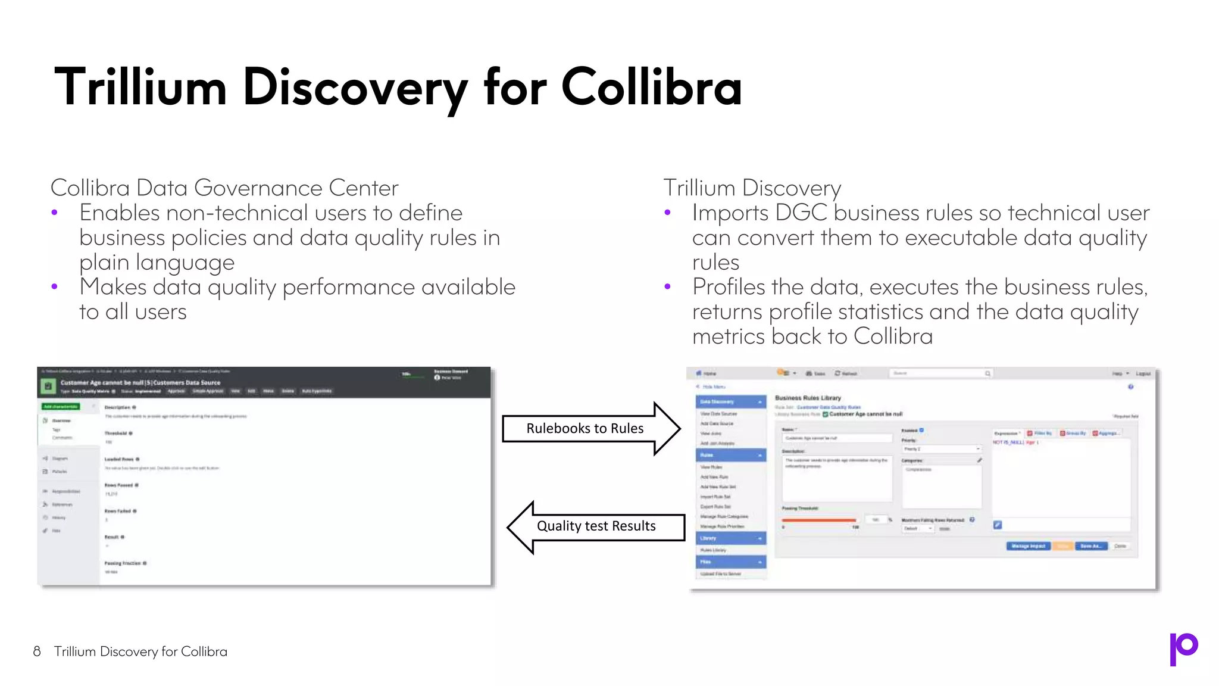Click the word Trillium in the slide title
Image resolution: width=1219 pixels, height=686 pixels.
[140, 88]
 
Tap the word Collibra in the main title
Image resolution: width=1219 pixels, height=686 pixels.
[651, 88]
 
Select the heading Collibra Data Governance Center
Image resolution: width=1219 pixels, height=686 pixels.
[224, 188]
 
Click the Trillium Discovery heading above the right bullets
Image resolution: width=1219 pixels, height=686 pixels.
[752, 188]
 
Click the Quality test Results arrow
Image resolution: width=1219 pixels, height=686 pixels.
[595, 526]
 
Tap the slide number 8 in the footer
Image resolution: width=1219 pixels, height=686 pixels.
[37, 651]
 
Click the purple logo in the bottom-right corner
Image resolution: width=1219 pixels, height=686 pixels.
[1183, 648]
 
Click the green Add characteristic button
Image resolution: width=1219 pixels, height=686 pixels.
[61, 407]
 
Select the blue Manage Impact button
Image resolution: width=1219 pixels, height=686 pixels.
[1029, 546]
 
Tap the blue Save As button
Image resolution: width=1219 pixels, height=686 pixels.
[1091, 546]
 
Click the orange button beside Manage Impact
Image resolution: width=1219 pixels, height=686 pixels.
[1063, 546]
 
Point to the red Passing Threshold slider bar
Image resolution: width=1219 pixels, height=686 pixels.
[819, 520]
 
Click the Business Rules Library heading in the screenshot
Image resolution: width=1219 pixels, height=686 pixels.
[808, 398]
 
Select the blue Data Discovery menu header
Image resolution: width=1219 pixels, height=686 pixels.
[730, 402]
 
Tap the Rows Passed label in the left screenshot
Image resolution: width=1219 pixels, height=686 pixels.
[119, 485]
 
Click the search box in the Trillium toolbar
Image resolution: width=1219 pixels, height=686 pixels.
[940, 373]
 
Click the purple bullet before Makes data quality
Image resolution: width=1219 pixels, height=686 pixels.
[55, 287]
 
